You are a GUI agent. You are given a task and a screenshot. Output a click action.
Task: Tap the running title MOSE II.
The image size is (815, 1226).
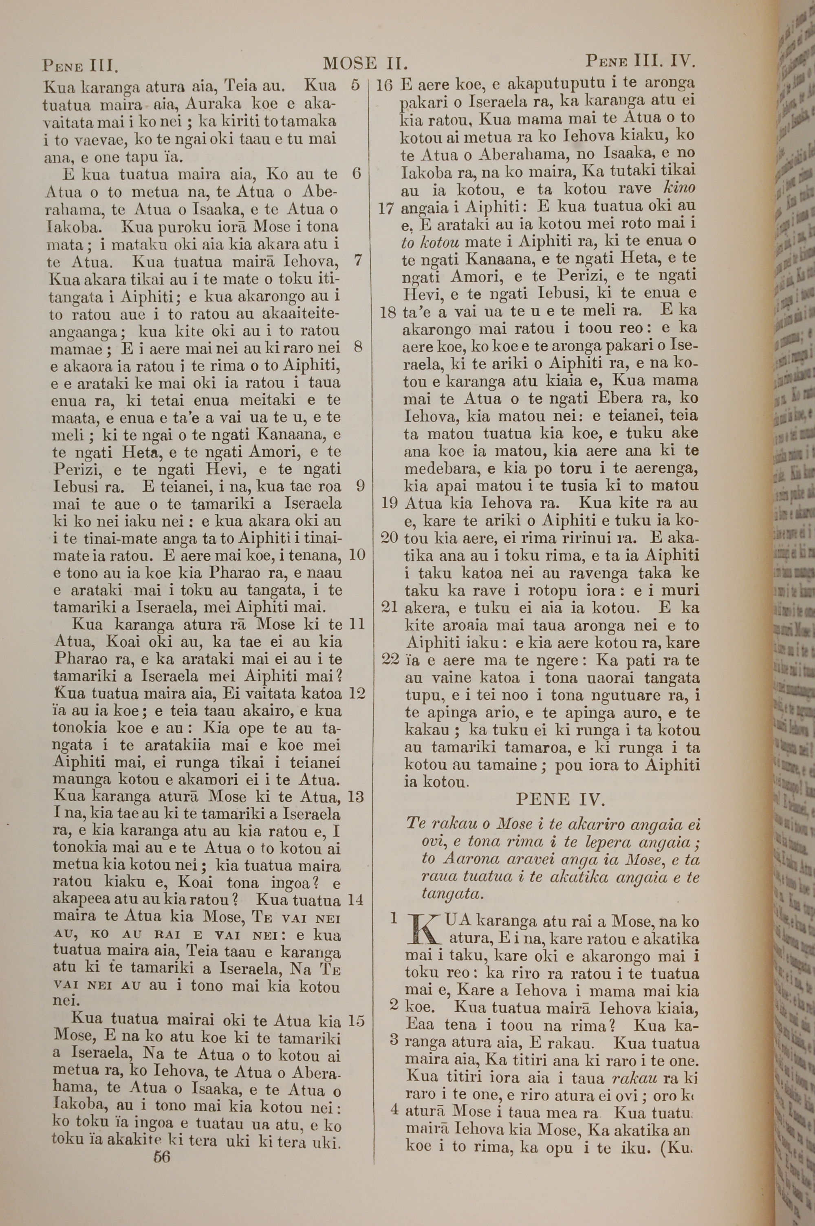point(365,64)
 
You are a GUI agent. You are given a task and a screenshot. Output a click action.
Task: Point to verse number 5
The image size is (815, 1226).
point(355,85)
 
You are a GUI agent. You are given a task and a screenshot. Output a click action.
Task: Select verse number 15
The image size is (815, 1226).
point(357,1007)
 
